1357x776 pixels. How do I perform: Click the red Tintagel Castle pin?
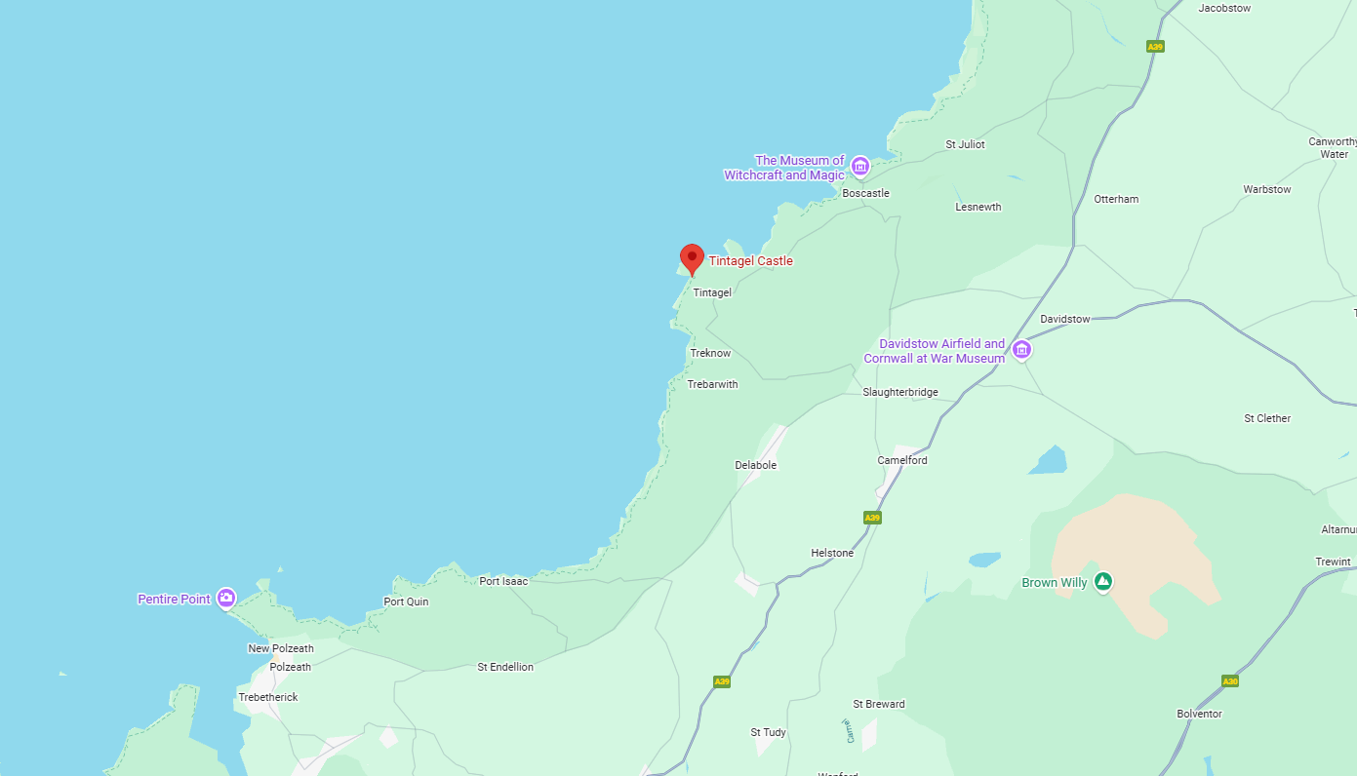click(x=692, y=258)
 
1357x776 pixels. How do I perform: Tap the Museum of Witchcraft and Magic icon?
click(x=859, y=167)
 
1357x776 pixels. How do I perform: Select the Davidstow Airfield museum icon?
click(x=1021, y=350)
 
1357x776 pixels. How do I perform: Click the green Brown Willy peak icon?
click(x=1102, y=582)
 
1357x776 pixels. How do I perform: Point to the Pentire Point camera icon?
click(x=226, y=599)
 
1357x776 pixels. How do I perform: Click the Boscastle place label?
click(x=865, y=193)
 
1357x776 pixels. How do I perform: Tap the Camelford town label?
click(x=901, y=460)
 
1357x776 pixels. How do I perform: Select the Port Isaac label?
click(x=503, y=581)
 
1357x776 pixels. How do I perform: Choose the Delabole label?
click(x=755, y=465)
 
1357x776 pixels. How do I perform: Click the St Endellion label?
click(x=505, y=667)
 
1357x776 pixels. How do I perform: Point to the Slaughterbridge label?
click(x=899, y=392)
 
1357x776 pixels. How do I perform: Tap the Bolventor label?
click(x=1199, y=714)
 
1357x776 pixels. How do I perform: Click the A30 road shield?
click(x=1230, y=680)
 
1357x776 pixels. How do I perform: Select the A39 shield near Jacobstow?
click(x=1155, y=46)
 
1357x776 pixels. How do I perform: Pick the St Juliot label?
click(x=965, y=144)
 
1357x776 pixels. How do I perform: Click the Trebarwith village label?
click(x=712, y=384)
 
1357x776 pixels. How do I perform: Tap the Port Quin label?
click(x=406, y=601)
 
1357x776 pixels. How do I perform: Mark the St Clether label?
click(x=1266, y=418)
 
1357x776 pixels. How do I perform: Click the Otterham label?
click(x=1116, y=199)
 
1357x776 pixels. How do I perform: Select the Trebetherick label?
click(x=268, y=697)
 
